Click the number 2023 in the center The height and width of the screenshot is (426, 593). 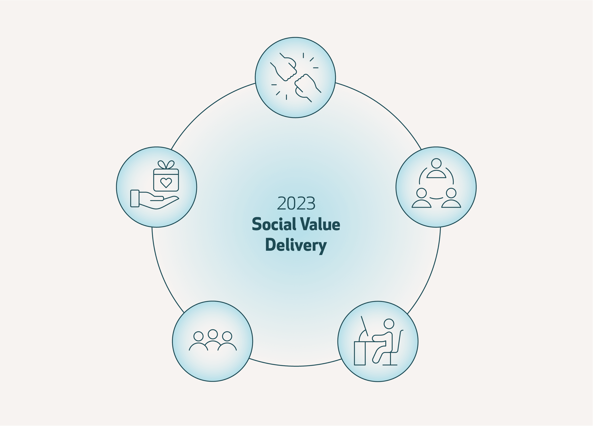pyautogui.click(x=296, y=203)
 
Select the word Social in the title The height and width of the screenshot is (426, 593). pyautogui.click(x=274, y=224)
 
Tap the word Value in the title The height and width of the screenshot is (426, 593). pyautogui.click(x=320, y=224)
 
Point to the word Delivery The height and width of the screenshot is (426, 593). pyautogui.click(x=296, y=245)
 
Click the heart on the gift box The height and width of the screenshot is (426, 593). pyautogui.click(x=166, y=183)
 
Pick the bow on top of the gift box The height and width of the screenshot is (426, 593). pyautogui.click(x=166, y=165)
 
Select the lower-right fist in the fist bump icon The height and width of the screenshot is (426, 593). pyautogui.click(x=307, y=88)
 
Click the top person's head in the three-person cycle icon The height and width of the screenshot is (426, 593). pyautogui.click(x=436, y=163)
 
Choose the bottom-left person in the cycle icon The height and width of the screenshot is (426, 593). pyautogui.click(x=422, y=198)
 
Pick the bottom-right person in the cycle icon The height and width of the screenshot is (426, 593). pyautogui.click(x=451, y=198)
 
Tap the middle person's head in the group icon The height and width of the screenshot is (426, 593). pyautogui.click(x=213, y=334)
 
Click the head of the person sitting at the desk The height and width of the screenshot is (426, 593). pyautogui.click(x=389, y=324)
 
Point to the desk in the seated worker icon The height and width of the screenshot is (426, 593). pyautogui.click(x=360, y=353)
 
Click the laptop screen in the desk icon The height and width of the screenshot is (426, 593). pyautogui.click(x=364, y=326)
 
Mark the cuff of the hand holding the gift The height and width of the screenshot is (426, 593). pyautogui.click(x=135, y=198)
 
